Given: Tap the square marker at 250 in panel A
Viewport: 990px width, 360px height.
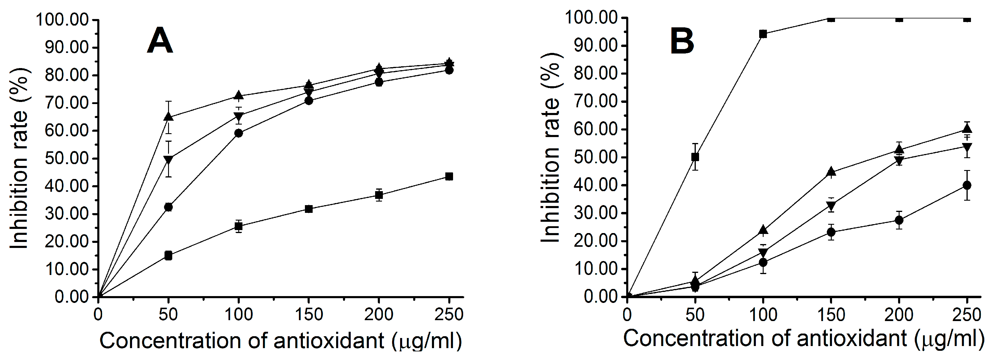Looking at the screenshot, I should click(x=449, y=176).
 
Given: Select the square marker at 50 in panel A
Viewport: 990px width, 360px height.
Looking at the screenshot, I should click(x=168, y=255).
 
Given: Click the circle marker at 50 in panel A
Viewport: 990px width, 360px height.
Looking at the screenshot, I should click(x=168, y=207).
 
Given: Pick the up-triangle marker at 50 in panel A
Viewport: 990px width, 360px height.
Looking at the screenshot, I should click(x=168, y=117).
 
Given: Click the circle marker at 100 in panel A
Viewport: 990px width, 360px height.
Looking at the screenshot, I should click(x=238, y=133).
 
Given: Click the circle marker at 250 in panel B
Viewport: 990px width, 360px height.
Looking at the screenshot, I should click(x=967, y=185).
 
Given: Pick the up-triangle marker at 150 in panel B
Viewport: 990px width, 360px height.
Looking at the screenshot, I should click(x=831, y=171).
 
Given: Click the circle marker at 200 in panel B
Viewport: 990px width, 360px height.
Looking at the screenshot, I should click(x=899, y=220).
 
